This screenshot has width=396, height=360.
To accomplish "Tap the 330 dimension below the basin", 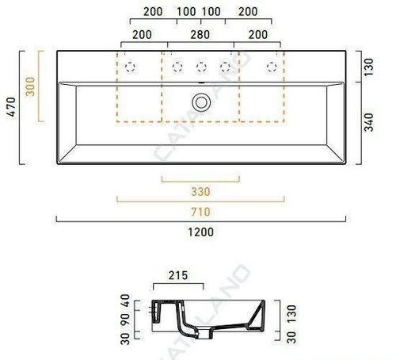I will pos(201,190).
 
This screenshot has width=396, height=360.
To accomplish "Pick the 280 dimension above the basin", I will pos(201,36).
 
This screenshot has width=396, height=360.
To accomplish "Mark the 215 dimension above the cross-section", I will pos(177,277).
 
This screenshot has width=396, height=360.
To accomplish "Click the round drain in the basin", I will pos(201,101).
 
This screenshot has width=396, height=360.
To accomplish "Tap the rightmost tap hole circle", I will pos(272,66).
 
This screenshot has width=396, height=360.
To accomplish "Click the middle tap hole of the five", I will pos(201,66).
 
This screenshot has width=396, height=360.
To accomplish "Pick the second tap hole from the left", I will pos(177,66).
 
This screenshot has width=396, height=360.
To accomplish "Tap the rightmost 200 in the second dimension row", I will pos(257,36).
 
